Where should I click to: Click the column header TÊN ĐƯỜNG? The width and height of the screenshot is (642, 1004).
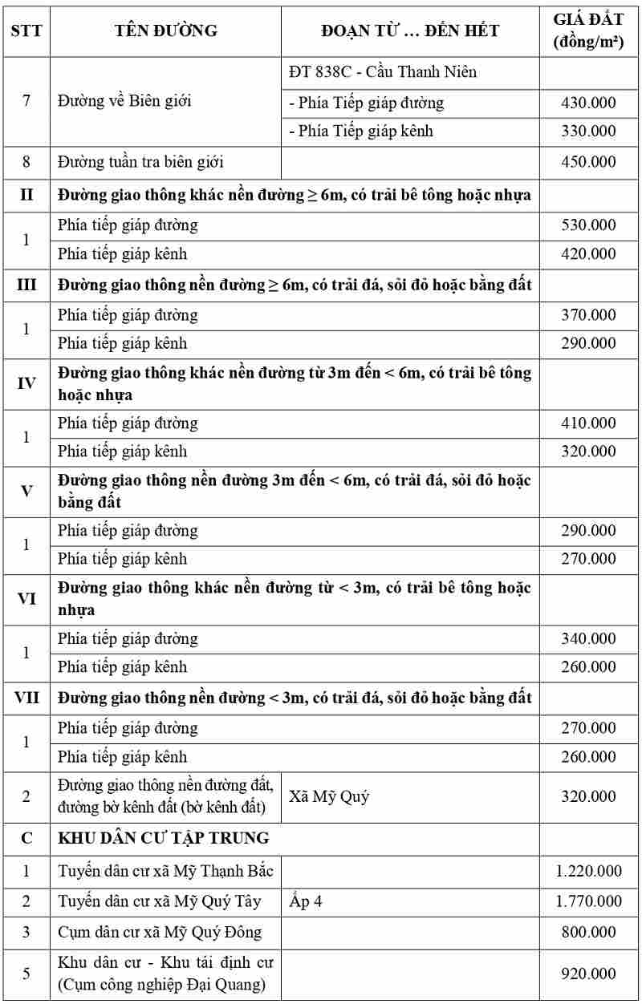(x=165, y=30)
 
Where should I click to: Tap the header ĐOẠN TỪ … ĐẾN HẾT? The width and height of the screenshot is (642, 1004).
(x=410, y=30)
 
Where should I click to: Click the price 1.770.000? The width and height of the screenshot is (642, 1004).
(x=588, y=901)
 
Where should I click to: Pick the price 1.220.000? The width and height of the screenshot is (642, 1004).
(x=588, y=871)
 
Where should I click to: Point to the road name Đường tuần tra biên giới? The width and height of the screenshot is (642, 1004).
(x=140, y=162)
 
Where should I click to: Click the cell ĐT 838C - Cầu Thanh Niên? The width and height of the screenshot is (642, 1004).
(x=383, y=72)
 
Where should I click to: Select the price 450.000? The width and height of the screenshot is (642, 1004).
(x=588, y=162)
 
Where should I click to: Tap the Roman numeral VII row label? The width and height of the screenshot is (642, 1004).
(x=26, y=698)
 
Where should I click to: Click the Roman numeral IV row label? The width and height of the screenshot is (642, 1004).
(x=26, y=383)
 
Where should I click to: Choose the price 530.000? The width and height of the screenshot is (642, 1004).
(x=588, y=225)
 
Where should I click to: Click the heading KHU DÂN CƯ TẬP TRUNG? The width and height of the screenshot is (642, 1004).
(x=164, y=838)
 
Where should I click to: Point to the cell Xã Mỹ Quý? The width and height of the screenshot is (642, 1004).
(x=329, y=797)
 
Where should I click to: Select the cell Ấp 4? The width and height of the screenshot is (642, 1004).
(x=306, y=901)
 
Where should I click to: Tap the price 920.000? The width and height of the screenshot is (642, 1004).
(x=588, y=974)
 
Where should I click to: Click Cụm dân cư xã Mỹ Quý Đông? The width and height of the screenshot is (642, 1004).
(x=160, y=933)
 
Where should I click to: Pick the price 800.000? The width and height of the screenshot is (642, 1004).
(x=588, y=933)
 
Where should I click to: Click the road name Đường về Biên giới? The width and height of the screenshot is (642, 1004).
(x=124, y=102)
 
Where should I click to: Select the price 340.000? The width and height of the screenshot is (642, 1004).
(x=588, y=639)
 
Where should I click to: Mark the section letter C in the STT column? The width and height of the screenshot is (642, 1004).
(x=26, y=838)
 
